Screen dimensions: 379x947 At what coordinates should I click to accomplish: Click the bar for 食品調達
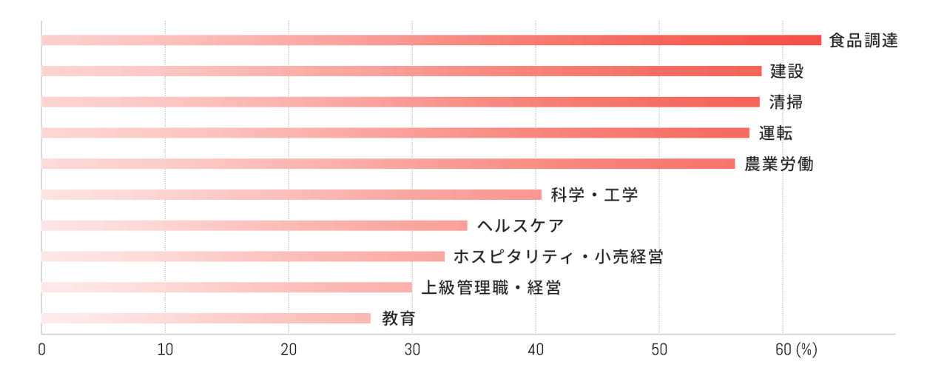pyautogui.click(x=431, y=41)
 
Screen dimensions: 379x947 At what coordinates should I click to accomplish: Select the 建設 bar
pyautogui.click(x=401, y=71)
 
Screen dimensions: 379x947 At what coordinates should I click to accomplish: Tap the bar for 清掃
pyautogui.click(x=400, y=102)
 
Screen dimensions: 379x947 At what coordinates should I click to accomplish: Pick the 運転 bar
pyautogui.click(x=395, y=133)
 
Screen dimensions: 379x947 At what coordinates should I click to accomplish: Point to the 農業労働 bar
pyautogui.click(x=388, y=164)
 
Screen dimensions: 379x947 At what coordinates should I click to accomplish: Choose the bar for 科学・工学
pyautogui.click(x=291, y=195)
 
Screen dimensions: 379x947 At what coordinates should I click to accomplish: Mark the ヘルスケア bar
pyautogui.click(x=255, y=226)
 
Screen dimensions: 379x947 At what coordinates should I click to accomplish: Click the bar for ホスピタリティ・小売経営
pyautogui.click(x=243, y=256)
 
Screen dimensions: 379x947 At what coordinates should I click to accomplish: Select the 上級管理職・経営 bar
pyautogui.click(x=226, y=287)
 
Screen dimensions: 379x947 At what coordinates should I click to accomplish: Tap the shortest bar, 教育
pyautogui.click(x=206, y=318)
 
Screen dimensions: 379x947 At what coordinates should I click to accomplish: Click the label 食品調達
pyautogui.click(x=863, y=41)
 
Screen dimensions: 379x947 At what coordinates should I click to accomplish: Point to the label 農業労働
pyautogui.click(x=778, y=164)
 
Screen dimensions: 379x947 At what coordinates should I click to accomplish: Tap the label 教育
pyautogui.click(x=399, y=319)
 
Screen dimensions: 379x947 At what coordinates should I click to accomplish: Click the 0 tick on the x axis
pyautogui.click(x=42, y=350)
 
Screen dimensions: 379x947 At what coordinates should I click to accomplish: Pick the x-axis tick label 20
pyautogui.click(x=289, y=350)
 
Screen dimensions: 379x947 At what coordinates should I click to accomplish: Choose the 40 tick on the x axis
pyautogui.click(x=536, y=350)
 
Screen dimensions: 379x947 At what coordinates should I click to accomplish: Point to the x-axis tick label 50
pyautogui.click(x=659, y=350)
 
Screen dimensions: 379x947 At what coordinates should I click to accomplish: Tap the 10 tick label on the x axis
pyautogui.click(x=165, y=350)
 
